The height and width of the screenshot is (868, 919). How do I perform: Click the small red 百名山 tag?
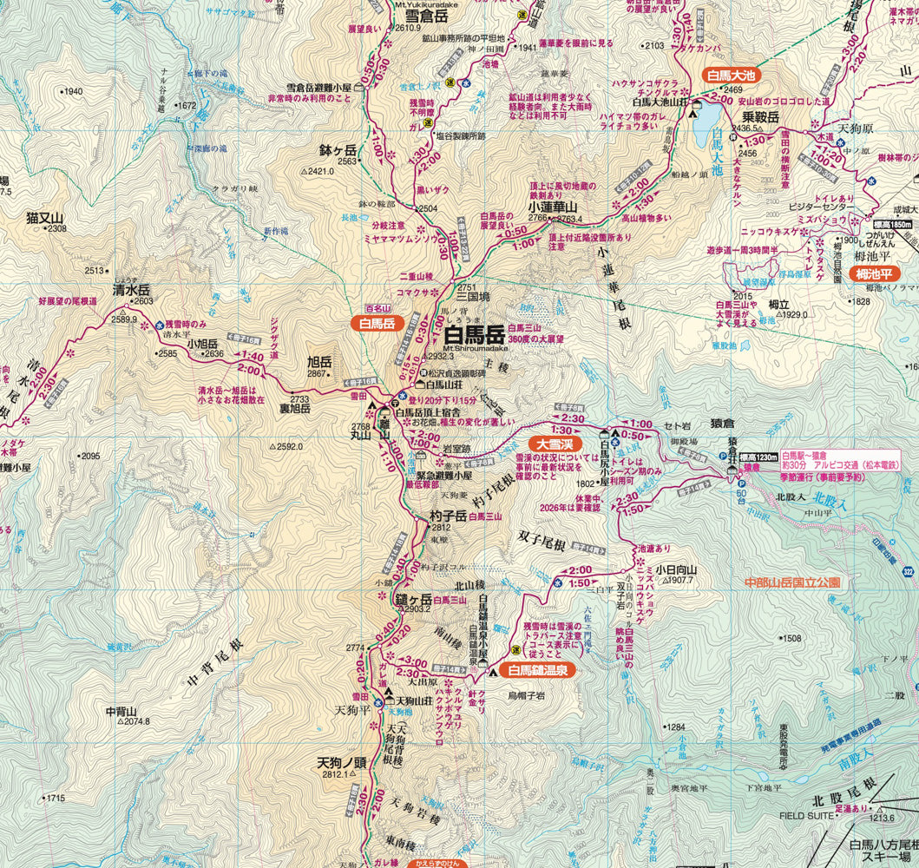click(x=378, y=309)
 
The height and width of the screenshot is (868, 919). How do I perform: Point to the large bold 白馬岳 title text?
click(x=474, y=334)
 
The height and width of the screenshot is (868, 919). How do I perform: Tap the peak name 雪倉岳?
click(x=420, y=15)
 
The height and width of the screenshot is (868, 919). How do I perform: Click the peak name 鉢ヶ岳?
click(x=338, y=150)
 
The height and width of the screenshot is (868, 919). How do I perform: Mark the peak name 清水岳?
click(x=132, y=290)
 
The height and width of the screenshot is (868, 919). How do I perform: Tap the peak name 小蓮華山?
click(x=553, y=207)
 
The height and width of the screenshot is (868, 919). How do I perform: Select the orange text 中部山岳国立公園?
click(x=793, y=582)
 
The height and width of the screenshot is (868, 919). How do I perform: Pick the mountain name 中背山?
click(x=121, y=711)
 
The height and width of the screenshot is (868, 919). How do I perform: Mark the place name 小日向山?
click(x=677, y=570)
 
